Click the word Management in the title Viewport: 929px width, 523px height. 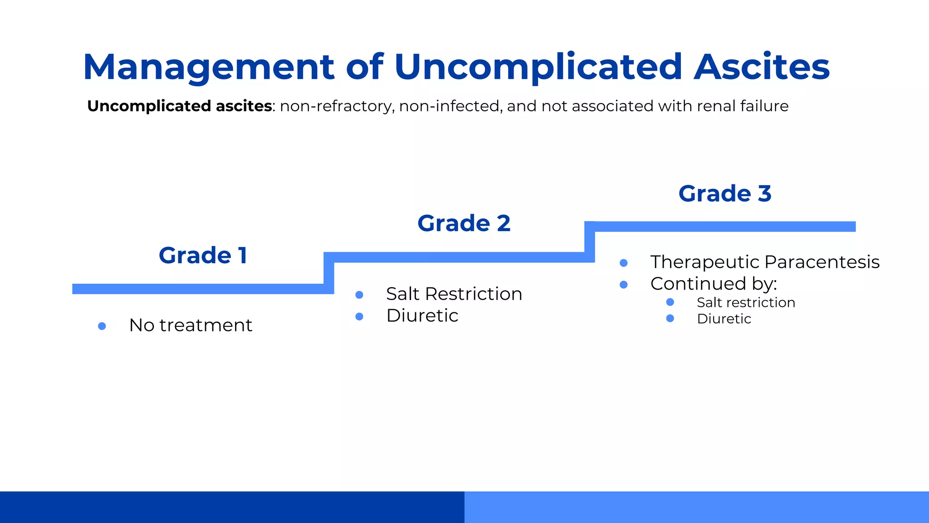[x=209, y=67]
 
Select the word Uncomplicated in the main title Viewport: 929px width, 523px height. [x=538, y=67]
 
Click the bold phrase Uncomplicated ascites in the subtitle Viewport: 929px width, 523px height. [x=180, y=106]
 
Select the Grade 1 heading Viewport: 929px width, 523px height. [x=203, y=255]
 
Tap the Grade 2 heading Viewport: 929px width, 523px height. [x=464, y=223]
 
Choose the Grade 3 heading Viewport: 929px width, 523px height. [x=724, y=194]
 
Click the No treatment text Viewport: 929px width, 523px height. [x=191, y=326]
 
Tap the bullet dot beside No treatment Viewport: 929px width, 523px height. [x=102, y=326]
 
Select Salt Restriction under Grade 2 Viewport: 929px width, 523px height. [x=454, y=294]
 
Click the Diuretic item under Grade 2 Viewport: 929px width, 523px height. [x=422, y=316]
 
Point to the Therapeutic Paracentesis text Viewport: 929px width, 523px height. [x=764, y=262]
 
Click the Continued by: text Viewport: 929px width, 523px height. [x=713, y=284]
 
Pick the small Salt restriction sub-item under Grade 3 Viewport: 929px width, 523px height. [x=745, y=303]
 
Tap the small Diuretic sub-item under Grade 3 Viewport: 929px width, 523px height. [x=724, y=319]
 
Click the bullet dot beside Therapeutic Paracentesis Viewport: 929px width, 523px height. [x=624, y=263]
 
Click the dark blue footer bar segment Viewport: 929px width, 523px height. [x=232, y=507]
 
